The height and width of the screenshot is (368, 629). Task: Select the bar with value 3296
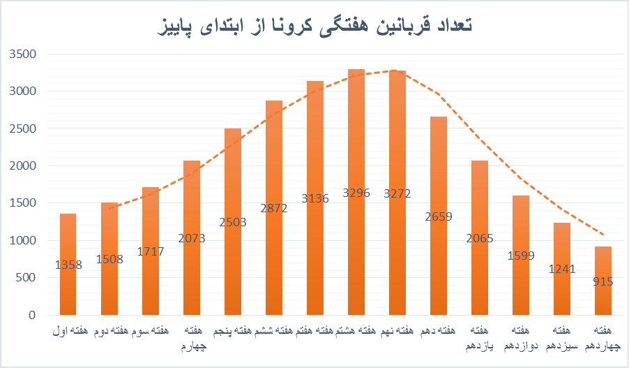tap(356, 209)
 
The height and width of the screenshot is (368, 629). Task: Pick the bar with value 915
tap(603, 293)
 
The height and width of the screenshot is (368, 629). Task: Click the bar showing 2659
tap(439, 244)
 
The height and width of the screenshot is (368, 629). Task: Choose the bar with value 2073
tap(192, 265)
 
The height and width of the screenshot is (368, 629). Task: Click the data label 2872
tap(274, 208)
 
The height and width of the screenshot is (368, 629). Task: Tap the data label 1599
tap(521, 256)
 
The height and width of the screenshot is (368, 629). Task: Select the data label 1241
tap(562, 269)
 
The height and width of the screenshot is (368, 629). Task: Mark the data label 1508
tap(109, 260)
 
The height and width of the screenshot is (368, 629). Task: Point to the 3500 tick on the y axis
tap(23, 54)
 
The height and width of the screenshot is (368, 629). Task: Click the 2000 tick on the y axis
tap(23, 165)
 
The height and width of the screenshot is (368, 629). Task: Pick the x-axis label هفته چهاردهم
tap(604, 336)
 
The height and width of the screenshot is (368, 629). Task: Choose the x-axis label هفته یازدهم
tap(480, 336)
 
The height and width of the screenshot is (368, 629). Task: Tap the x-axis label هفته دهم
tap(439, 329)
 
